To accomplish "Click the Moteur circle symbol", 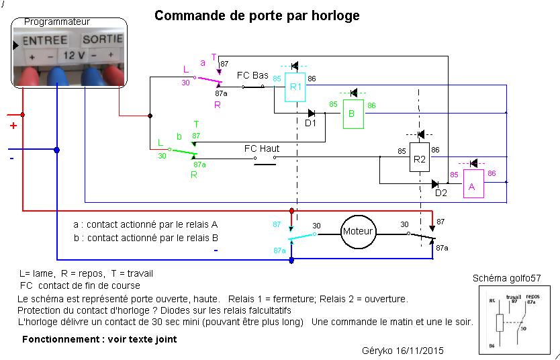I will pos(357,232).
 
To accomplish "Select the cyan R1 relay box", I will pos(295,87).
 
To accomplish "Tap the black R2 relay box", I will pos(420,159).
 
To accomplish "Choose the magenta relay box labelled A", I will pos(471,186).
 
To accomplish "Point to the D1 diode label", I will pos(310,123).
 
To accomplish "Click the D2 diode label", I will pos(440,193).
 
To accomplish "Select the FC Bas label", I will pos(252,75).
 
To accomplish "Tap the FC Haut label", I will pos(262,148).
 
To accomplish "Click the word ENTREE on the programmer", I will pos(44,40).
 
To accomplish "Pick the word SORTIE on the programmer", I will pos(102,40).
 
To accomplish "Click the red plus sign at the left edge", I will pos(13,125).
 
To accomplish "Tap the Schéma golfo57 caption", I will pos(506,278).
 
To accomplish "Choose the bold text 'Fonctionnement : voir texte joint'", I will pos(99,339).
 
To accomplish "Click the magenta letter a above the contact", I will pos(203,62).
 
